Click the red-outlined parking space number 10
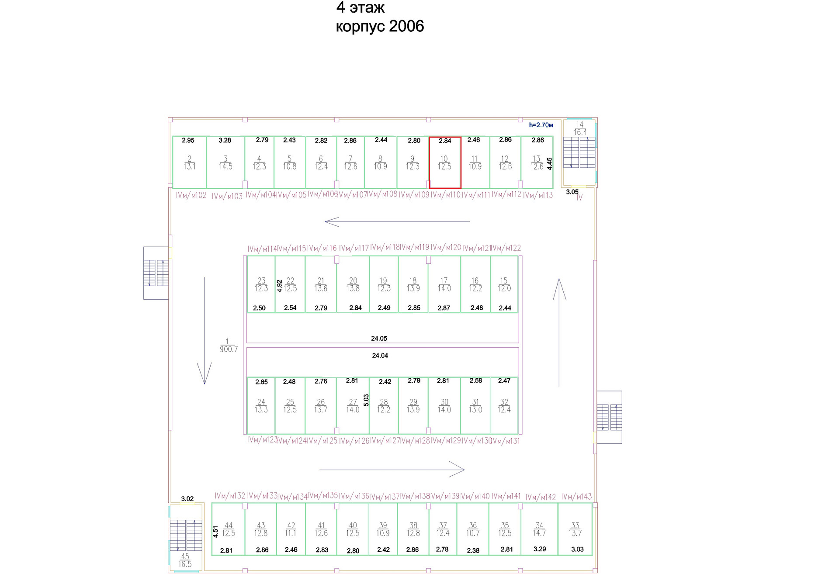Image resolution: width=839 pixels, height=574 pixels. coord(444,163)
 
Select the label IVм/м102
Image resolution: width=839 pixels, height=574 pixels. coord(191,195)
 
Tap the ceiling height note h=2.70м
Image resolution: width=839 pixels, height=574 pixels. coord(541,125)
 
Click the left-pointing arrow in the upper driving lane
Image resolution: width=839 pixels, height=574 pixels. coord(397,221)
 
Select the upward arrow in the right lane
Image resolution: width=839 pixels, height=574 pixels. coord(559,332)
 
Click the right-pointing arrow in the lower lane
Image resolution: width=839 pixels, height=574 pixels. coord(392,470)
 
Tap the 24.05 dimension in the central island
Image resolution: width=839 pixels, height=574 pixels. coord(379,338)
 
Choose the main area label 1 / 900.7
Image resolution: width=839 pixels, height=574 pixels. coord(228,346)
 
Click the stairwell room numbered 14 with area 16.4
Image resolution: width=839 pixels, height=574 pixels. coord(580,128)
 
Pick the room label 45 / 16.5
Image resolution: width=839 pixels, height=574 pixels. coord(185,560)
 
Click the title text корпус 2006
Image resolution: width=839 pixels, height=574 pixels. coord(380,27)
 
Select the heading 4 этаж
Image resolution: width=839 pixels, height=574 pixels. coord(361,7)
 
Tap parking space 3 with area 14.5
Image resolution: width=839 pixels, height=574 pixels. coord(225,163)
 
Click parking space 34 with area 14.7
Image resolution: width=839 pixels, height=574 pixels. coord(539,529)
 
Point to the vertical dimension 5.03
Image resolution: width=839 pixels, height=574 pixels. coord(366,400)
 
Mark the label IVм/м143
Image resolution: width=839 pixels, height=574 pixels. coord(576,497)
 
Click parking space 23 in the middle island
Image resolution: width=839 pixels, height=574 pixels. coord(261,284)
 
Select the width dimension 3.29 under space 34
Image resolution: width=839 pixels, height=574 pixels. coord(540,549)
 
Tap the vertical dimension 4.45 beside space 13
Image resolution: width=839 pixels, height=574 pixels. coord(549,163)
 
